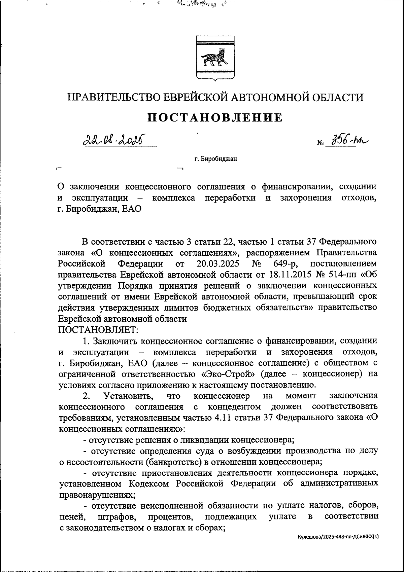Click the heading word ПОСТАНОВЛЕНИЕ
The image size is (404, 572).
click(x=215, y=117)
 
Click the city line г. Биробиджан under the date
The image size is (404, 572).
click(x=215, y=159)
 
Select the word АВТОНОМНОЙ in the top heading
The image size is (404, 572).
click(x=270, y=97)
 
